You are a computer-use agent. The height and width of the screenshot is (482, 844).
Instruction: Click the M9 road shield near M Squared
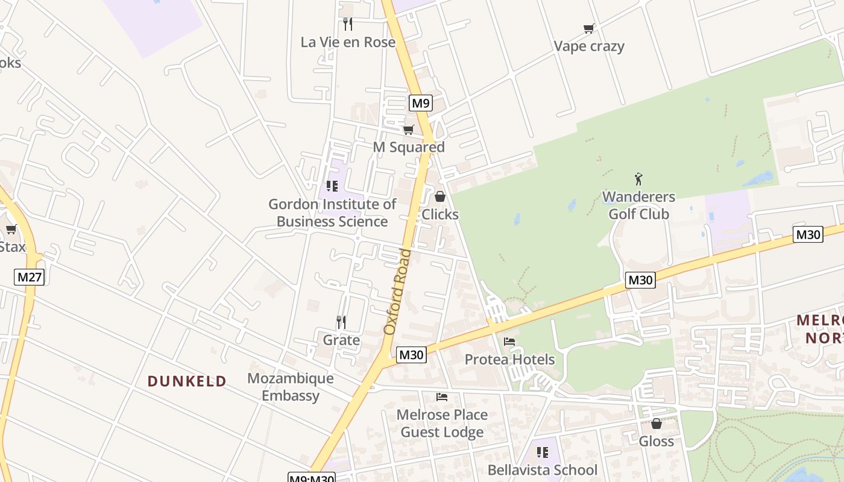pos(420,103)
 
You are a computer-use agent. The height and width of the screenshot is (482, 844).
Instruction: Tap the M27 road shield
pos(30,277)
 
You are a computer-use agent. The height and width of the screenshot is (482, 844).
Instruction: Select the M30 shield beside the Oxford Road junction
pos(412,355)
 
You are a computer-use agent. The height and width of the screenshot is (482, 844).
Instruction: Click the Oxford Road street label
pos(397,292)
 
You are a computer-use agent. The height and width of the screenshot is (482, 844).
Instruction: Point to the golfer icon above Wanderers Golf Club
pos(639,179)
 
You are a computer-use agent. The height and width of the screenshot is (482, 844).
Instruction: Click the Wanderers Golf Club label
pos(638,205)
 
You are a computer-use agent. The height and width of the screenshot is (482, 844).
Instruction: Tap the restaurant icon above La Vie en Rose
pos(348,24)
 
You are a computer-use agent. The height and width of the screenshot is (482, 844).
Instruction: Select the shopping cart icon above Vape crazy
pos(589,28)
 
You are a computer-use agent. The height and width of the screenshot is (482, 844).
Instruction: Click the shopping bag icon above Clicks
pos(440,196)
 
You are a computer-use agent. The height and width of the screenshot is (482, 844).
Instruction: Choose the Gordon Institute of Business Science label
pos(332,213)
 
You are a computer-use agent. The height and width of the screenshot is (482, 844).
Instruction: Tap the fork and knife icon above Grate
pos(341,322)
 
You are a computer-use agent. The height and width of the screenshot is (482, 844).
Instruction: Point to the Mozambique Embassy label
pos(291,387)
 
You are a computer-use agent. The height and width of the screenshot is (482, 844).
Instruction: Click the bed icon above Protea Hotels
pos(509,342)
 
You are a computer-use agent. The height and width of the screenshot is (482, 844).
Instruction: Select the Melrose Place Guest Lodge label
pos(442,424)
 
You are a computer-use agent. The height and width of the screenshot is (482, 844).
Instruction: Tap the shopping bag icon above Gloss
pos(657,424)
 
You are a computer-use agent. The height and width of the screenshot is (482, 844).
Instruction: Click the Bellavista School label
pos(542,470)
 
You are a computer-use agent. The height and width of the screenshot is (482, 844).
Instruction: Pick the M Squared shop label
pos(409,147)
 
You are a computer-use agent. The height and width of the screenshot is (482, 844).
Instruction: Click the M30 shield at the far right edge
pos(808,234)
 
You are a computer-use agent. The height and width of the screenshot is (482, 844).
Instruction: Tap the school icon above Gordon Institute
pos(332,186)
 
